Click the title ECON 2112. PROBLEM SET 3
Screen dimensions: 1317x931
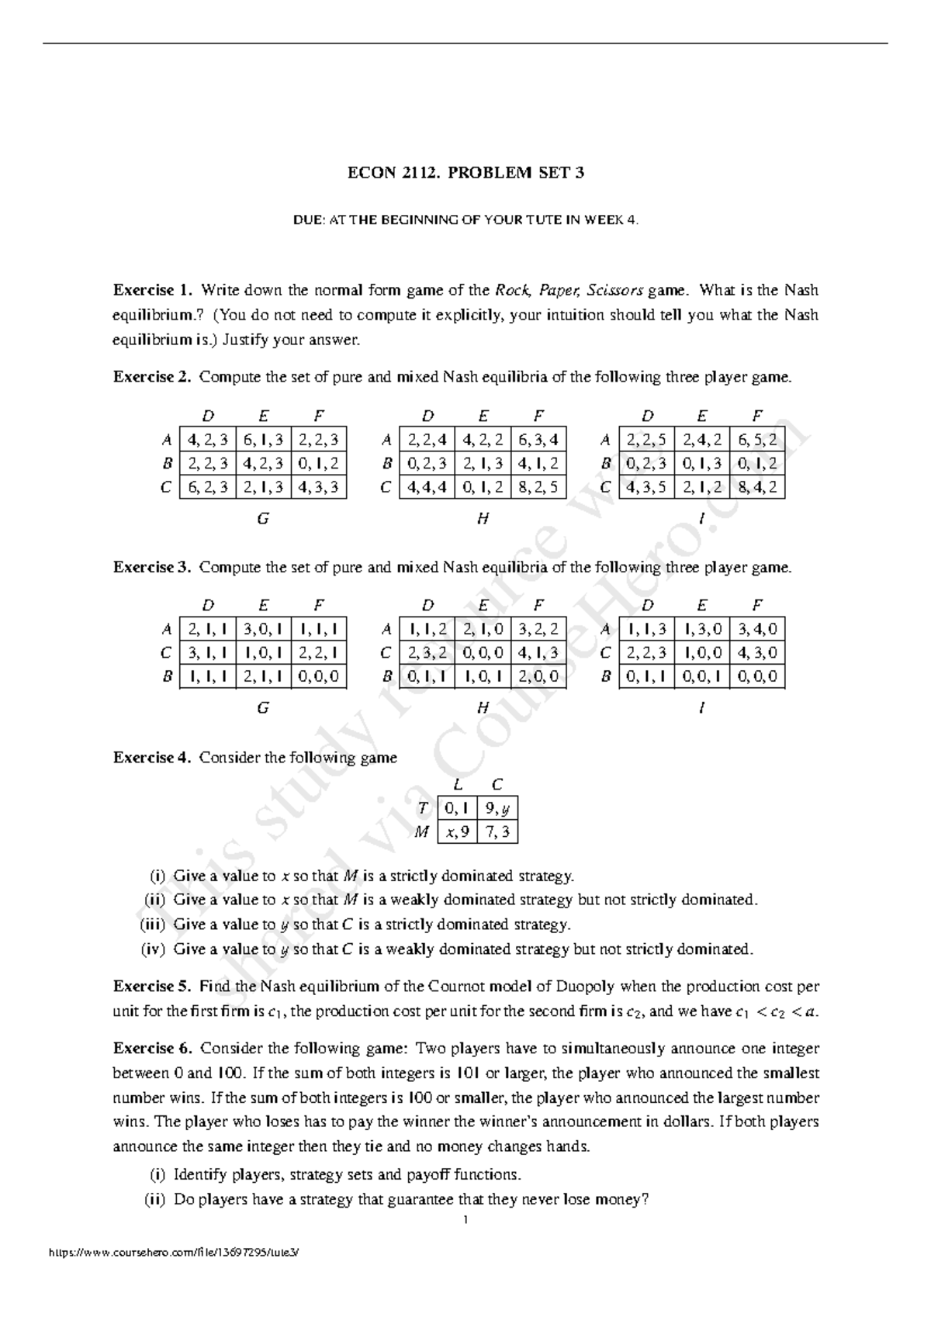click(x=465, y=173)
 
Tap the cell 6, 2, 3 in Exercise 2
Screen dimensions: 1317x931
click(x=208, y=487)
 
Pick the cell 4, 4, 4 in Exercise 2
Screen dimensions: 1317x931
click(x=427, y=487)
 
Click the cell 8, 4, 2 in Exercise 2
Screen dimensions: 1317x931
click(x=756, y=487)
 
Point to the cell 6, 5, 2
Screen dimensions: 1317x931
click(x=756, y=440)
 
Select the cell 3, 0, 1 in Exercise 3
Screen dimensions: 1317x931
click(x=263, y=628)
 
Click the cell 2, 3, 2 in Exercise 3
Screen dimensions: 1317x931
click(x=427, y=652)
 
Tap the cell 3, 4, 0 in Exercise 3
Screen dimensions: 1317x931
click(x=756, y=628)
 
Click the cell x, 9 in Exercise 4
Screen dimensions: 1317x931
click(x=457, y=832)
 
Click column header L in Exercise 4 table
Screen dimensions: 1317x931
click(x=457, y=785)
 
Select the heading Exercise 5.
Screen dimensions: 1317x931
click(x=152, y=987)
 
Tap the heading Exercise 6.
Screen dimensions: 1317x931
click(x=152, y=1049)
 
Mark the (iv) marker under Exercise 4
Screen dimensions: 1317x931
click(x=153, y=949)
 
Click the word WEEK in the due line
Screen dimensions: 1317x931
click(x=605, y=220)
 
